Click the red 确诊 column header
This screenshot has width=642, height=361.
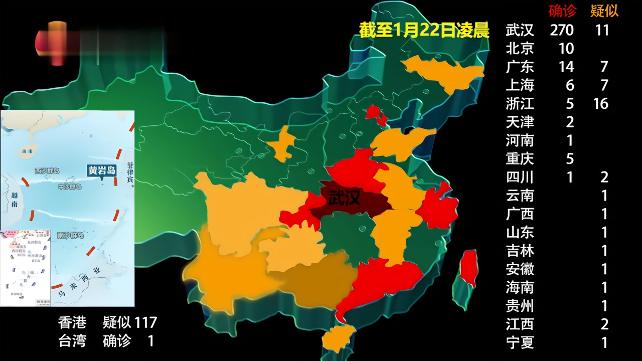pos(562,11)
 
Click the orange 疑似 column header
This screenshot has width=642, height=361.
pos(604,11)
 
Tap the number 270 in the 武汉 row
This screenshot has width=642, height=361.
pos(562,30)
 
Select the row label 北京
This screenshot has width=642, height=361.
pos(520,49)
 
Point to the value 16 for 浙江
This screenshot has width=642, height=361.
pos(600,104)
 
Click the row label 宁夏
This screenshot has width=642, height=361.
pos(520,343)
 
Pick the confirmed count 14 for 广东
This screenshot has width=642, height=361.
pos(566,67)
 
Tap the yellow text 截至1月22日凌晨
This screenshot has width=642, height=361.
pos(424,30)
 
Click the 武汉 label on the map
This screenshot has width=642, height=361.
pos(344,199)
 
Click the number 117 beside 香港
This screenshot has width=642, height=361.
pos(145,322)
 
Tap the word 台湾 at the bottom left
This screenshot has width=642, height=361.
pos(72,341)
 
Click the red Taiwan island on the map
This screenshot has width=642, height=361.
pos(468,268)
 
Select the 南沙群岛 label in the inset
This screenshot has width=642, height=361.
pos(70,235)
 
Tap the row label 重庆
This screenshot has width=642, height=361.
pos(520,159)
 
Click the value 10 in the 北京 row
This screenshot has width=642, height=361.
pos(566,49)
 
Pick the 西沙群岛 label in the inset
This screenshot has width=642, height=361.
pos(47,171)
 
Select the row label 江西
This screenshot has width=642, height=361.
pos(520,324)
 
